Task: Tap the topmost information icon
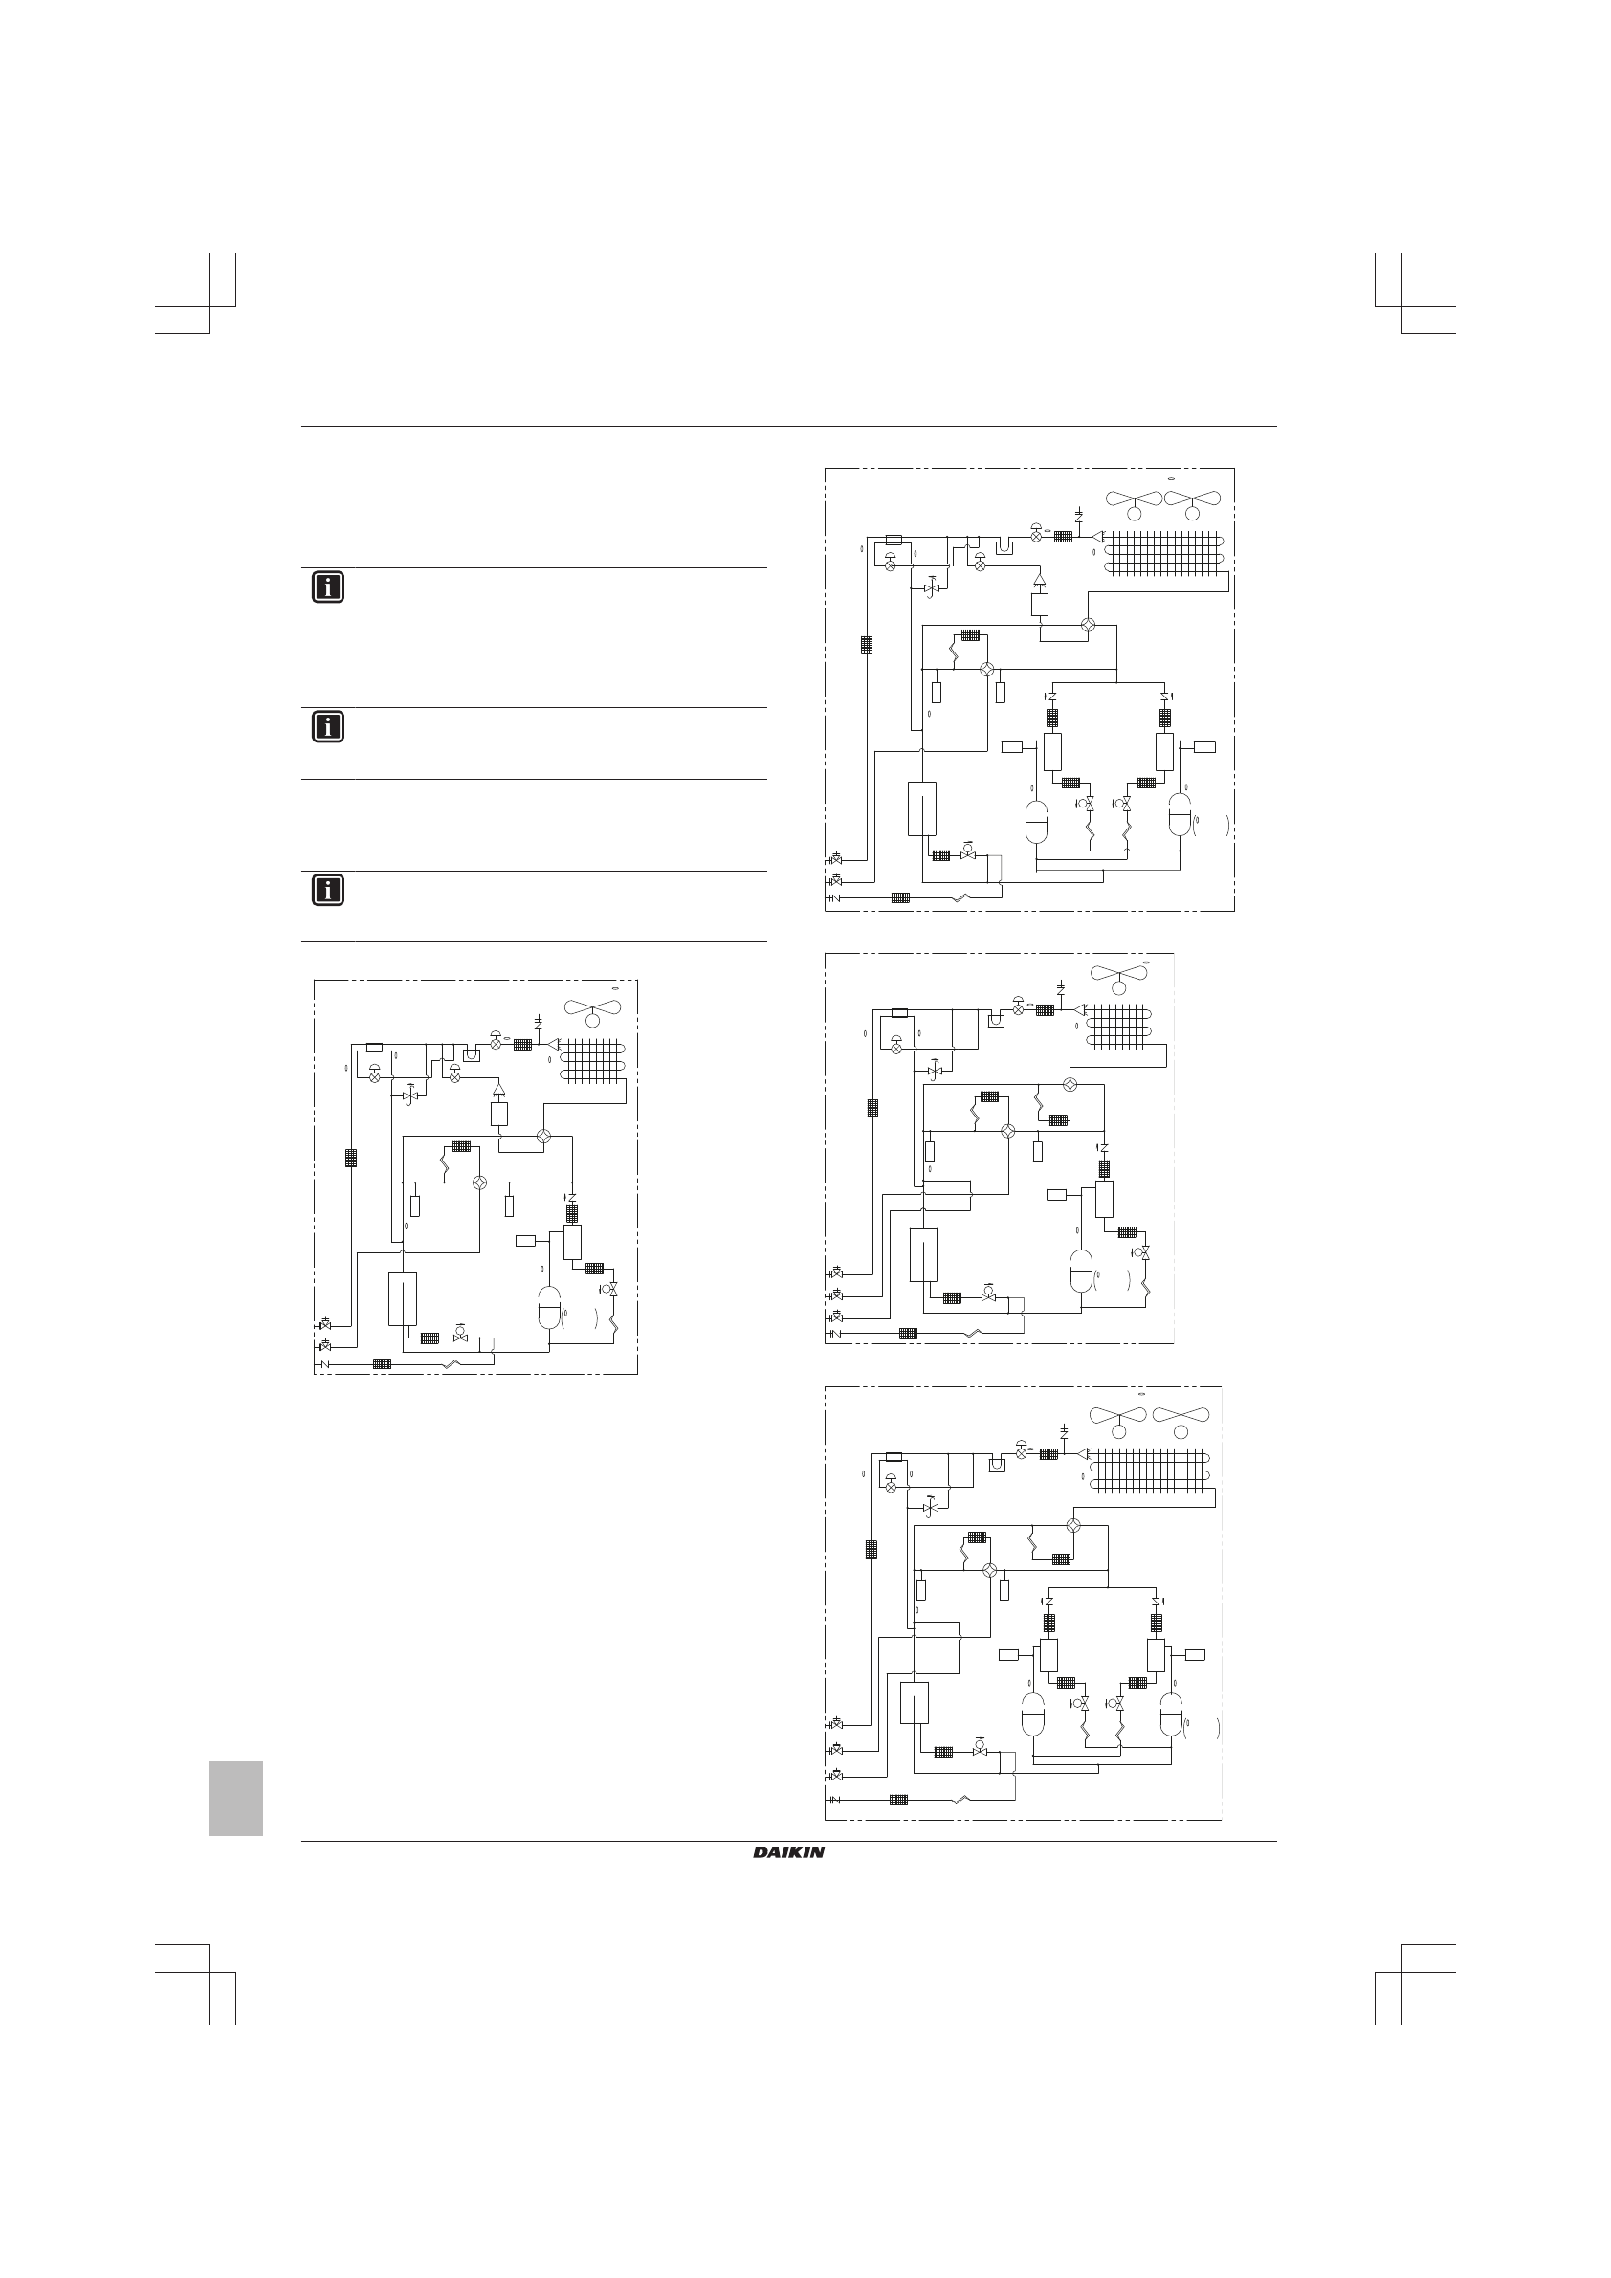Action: [x=327, y=587]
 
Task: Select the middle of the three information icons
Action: [x=327, y=727]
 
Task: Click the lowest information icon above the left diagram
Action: [x=327, y=890]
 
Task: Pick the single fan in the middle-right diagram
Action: [x=1120, y=976]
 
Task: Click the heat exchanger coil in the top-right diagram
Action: [x=1164, y=554]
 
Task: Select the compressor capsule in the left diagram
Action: [x=548, y=1307]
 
